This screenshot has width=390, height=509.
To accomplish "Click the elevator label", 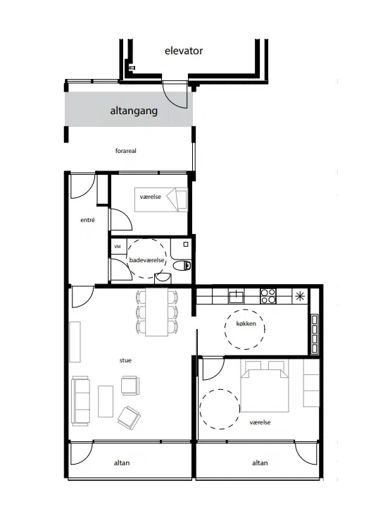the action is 184,51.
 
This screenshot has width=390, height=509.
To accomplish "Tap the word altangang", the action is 134,111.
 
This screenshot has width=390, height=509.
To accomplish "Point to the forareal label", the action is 126,151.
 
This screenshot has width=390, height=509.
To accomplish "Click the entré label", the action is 87,220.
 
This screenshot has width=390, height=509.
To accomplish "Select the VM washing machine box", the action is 118,247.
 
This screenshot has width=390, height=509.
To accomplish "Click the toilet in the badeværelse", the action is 182,266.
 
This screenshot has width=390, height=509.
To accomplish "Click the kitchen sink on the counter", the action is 236,296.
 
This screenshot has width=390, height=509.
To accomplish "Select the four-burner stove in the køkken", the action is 268,296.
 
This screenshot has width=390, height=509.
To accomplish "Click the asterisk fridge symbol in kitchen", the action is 300,296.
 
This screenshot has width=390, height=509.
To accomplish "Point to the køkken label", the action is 246,324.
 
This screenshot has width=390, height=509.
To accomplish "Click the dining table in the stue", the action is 157,312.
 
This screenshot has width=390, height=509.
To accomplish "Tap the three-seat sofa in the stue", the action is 81,401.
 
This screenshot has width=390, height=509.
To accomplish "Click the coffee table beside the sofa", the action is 106,401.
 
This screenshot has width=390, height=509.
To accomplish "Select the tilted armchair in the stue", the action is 129,417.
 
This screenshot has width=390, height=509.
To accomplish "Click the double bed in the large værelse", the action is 265,386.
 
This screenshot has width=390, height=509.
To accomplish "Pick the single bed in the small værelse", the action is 161,200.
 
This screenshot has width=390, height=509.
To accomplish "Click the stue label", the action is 125,360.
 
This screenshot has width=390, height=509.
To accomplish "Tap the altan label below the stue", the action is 122,463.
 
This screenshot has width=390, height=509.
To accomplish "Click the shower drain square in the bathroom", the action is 186,245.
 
